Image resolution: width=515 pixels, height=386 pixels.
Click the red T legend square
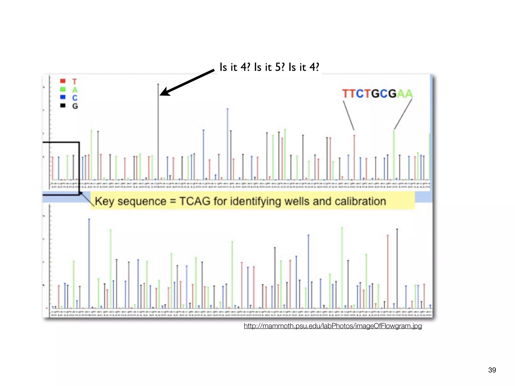(x=63, y=81)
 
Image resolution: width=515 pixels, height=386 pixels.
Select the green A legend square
(x=63, y=89)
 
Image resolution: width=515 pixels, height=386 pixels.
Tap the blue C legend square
(x=63, y=97)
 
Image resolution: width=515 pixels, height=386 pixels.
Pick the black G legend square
(x=63, y=106)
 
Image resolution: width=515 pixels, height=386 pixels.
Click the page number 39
(x=492, y=370)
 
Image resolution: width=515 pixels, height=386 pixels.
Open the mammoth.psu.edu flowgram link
(x=333, y=326)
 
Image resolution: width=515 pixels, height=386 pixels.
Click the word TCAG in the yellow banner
(x=195, y=201)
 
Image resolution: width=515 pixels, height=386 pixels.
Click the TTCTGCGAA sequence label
(x=377, y=94)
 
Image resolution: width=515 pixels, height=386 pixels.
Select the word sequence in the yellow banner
(x=142, y=201)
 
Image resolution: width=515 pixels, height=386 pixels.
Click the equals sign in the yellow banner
(x=173, y=201)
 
